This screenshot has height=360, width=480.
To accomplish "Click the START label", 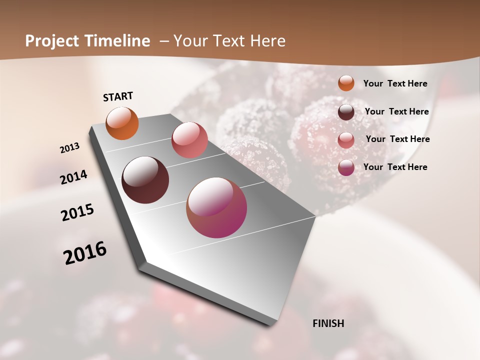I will [x=118, y=96].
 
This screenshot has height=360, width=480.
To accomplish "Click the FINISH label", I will [x=328, y=323].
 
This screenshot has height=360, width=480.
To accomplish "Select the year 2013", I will [x=70, y=148].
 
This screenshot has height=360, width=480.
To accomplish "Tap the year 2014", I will [x=74, y=177].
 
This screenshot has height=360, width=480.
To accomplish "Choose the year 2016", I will [x=85, y=252].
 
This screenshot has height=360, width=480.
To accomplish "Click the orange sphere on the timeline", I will [x=122, y=123].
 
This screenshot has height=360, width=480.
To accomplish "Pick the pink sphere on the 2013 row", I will [x=189, y=140].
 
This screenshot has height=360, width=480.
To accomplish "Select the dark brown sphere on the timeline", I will [x=145, y=180].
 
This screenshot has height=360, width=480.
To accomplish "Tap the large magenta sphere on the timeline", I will [x=216, y=207].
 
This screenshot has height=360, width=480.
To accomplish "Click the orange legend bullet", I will [x=346, y=83].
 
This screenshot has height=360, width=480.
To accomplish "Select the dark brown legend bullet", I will [x=346, y=111].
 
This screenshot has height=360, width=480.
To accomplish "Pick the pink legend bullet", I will [x=346, y=139].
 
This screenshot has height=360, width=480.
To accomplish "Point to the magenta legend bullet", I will [x=346, y=167].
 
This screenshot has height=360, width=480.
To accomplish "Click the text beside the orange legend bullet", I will [x=395, y=83].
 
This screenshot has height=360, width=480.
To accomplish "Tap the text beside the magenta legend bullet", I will [x=395, y=167].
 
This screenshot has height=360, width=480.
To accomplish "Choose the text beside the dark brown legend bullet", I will [x=396, y=111].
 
